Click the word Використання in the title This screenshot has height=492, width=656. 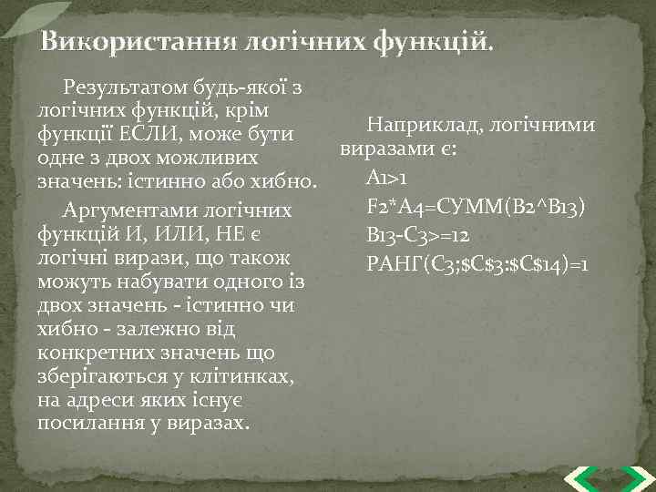(x=137, y=43)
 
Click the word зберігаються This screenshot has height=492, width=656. (x=100, y=377)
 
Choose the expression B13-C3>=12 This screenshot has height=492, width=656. (x=417, y=235)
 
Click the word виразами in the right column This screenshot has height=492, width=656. (x=382, y=149)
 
